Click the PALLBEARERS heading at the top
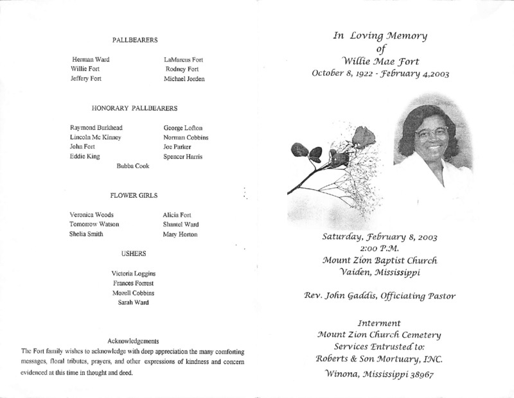coord(135,40)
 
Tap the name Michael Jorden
coord(186,79)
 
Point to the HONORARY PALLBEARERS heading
coord(135,108)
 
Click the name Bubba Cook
coord(132,166)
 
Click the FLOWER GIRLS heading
coord(135,195)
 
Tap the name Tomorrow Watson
coord(95,224)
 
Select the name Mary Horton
coord(181,234)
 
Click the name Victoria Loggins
coord(134,273)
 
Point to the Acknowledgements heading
coord(134,340)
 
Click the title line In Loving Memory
coord(380,36)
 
